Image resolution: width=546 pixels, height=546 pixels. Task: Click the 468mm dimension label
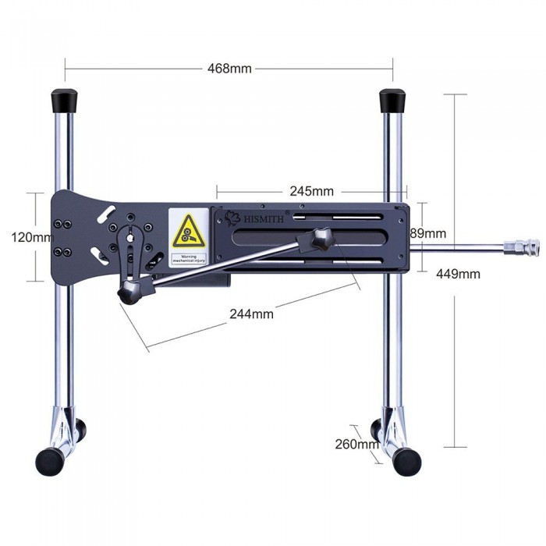coord(229,68)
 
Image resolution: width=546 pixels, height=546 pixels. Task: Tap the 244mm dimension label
coord(251,314)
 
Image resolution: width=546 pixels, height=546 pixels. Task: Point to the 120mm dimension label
coord(30,237)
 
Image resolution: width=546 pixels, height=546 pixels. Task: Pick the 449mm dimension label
coord(458,274)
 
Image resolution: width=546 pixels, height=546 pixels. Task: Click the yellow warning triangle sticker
coord(187,230)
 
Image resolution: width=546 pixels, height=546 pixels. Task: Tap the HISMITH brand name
coord(262,219)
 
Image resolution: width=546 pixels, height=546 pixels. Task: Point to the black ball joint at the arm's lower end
coord(128,292)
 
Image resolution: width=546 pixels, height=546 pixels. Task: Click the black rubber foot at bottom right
coord(406,462)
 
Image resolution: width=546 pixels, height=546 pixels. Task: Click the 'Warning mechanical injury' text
coord(188,259)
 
